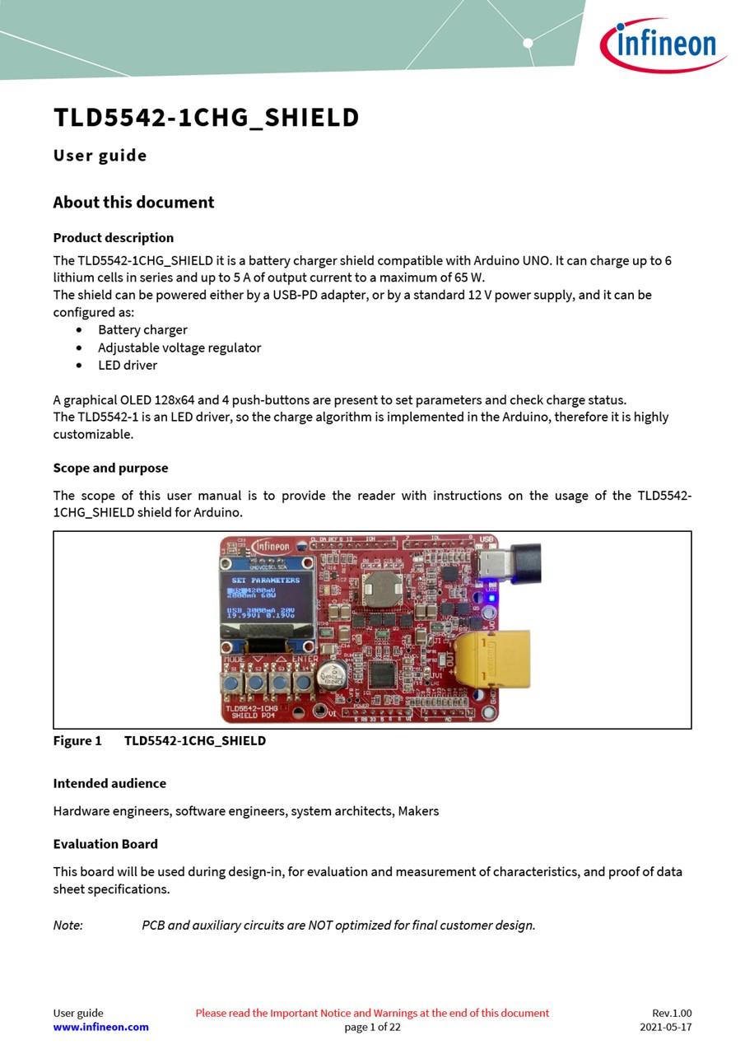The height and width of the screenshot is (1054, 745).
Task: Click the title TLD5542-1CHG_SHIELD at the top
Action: [x=206, y=118]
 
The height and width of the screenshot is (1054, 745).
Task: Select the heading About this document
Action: [x=133, y=203]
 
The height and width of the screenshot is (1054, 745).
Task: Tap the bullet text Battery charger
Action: [x=142, y=329]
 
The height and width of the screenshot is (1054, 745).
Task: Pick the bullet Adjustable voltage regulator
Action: [x=179, y=347]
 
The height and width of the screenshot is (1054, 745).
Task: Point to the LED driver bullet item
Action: [x=128, y=365]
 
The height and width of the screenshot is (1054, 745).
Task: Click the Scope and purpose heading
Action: [x=110, y=468]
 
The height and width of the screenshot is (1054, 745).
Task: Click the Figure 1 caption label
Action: [x=77, y=740]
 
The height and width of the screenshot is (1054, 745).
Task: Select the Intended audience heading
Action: [x=109, y=783]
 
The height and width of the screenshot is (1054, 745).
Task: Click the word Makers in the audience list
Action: [x=418, y=811]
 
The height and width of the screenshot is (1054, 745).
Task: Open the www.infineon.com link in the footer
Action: [x=100, y=1027]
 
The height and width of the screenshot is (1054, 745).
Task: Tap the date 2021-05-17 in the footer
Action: [x=665, y=1027]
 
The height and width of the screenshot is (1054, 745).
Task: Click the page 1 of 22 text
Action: [x=372, y=1027]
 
